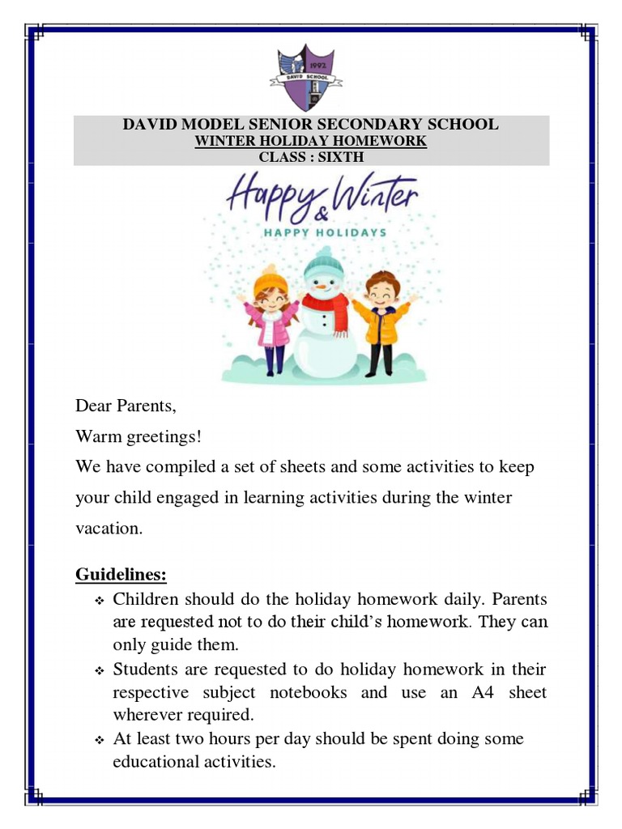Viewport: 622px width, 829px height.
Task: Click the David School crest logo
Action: click(x=306, y=79)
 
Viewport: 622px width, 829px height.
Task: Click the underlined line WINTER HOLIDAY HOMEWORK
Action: click(x=311, y=141)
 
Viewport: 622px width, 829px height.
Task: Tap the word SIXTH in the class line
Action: click(x=341, y=156)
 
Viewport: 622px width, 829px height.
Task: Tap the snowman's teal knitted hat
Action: click(x=324, y=261)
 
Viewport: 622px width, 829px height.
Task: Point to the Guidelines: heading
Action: click(x=121, y=575)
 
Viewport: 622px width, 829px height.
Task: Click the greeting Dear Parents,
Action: click(x=126, y=405)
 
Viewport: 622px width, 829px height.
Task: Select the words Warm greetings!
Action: click(x=138, y=437)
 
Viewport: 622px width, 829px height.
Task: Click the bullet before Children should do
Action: click(x=100, y=602)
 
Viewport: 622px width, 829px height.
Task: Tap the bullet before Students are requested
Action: click(x=100, y=671)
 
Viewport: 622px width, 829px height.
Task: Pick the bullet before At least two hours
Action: click(x=100, y=740)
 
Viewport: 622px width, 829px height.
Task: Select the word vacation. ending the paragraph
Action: click(x=109, y=529)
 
